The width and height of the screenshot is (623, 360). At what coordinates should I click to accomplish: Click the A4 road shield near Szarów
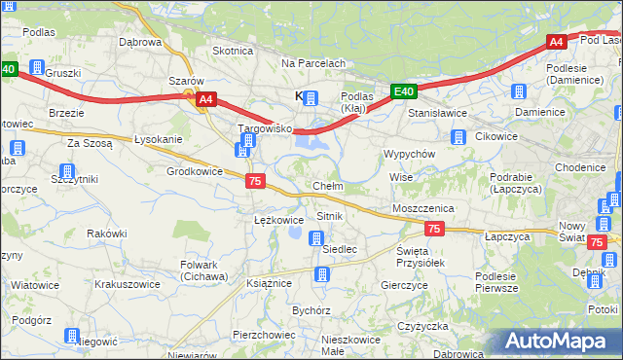point(205,99)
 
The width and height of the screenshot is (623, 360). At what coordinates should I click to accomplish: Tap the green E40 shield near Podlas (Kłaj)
point(405,92)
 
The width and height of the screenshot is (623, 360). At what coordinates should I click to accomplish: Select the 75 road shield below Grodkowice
point(254,181)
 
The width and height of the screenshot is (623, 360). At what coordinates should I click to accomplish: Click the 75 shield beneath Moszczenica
point(434,229)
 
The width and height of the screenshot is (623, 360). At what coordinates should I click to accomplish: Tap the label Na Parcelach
point(313,63)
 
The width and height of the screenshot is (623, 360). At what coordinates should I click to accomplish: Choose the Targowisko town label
point(266,128)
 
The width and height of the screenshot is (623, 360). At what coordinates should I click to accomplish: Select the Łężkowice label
point(278,220)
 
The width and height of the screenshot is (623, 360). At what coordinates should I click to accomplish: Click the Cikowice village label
point(496,136)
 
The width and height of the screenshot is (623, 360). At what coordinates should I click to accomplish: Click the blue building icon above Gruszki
point(37,68)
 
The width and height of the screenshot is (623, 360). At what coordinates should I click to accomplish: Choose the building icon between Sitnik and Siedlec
point(316,237)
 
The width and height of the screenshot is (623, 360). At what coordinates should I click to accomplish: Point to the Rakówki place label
point(107,234)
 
